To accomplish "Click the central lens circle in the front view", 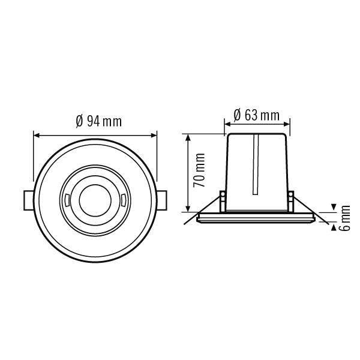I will [x=93, y=199].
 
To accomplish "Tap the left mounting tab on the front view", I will [x=27, y=199].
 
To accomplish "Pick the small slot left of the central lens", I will [x=65, y=199].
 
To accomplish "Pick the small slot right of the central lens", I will [x=121, y=199].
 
